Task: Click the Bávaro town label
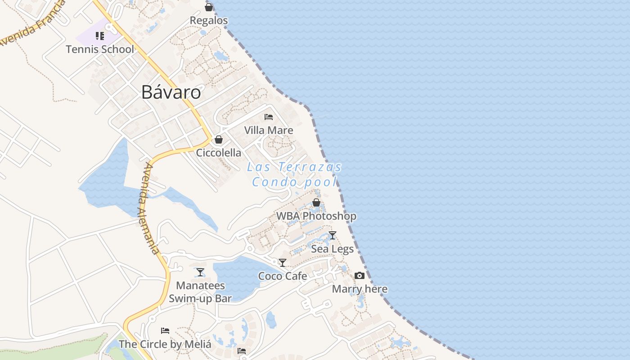pyautogui.click(x=171, y=92)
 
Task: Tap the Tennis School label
pyautogui.click(x=100, y=49)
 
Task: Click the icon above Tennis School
pyautogui.click(x=100, y=36)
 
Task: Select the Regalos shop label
pyautogui.click(x=209, y=21)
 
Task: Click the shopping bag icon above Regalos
pyautogui.click(x=209, y=7)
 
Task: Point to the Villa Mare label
pyautogui.click(x=269, y=130)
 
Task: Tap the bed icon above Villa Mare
pyautogui.click(x=269, y=117)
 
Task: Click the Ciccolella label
pyautogui.click(x=219, y=153)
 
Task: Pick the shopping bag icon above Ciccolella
pyautogui.click(x=219, y=139)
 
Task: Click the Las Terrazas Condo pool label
pyautogui.click(x=294, y=175)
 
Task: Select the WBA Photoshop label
pyautogui.click(x=316, y=216)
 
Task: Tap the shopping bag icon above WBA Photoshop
pyautogui.click(x=316, y=203)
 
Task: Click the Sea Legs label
pyautogui.click(x=333, y=249)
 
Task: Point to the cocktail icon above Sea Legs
pyautogui.click(x=333, y=235)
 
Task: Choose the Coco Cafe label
pyautogui.click(x=283, y=276)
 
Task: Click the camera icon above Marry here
pyautogui.click(x=360, y=275)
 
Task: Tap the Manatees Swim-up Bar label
pyautogui.click(x=200, y=292)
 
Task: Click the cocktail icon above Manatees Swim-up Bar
pyautogui.click(x=200, y=272)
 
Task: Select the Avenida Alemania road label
pyautogui.click(x=151, y=208)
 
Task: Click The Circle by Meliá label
pyautogui.click(x=165, y=345)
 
